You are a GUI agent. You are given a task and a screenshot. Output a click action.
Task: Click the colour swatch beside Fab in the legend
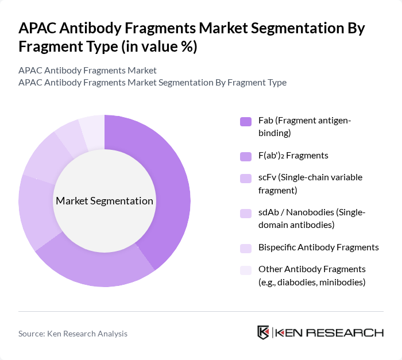(x=246, y=121)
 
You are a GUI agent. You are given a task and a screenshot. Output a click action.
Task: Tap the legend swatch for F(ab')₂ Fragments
(x=246, y=156)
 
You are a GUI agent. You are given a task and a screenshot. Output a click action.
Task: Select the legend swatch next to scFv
(x=246, y=178)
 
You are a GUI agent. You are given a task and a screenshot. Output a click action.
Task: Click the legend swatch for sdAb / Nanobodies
(x=246, y=213)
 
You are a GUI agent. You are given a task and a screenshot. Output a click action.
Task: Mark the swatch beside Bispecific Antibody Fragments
(x=246, y=247)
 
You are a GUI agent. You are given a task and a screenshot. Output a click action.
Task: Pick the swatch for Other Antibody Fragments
(x=246, y=269)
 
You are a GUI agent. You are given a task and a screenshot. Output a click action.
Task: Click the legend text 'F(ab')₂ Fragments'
(x=293, y=156)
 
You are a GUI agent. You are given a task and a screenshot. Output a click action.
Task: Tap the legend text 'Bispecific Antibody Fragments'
(x=318, y=247)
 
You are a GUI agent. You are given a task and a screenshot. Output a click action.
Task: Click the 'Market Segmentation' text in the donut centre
(x=105, y=201)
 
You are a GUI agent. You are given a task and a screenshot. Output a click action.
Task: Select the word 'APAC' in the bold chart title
(x=39, y=29)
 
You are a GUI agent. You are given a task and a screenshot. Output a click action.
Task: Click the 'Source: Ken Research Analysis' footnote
(x=73, y=334)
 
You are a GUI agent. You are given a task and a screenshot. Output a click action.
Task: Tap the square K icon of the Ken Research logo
(x=263, y=332)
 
